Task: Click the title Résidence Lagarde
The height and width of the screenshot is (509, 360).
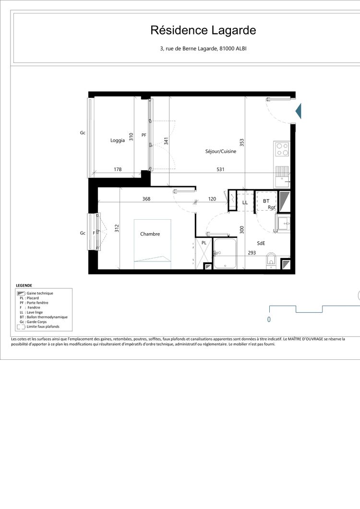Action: (203, 30)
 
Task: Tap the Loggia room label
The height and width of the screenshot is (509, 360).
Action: (117, 141)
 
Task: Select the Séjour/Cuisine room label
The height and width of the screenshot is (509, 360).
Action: (221, 151)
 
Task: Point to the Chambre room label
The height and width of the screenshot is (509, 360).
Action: (150, 234)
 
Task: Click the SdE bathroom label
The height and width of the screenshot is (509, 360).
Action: (261, 243)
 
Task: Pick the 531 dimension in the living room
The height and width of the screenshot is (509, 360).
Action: (220, 169)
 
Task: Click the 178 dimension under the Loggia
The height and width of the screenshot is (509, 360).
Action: (118, 169)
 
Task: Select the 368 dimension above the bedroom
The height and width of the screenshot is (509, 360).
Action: (146, 199)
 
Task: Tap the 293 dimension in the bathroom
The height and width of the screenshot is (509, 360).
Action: (252, 252)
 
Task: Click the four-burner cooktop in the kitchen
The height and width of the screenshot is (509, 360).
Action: (282, 150)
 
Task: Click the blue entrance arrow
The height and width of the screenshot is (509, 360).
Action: (298, 111)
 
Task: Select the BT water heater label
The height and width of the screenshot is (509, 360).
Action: (266, 201)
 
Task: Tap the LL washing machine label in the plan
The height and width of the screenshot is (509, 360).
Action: (245, 202)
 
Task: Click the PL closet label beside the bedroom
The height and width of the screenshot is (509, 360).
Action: (204, 243)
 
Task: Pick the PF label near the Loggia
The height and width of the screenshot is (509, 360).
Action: (144, 135)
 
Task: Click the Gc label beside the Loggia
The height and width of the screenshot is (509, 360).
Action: (83, 132)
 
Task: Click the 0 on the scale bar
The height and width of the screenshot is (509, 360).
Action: (269, 320)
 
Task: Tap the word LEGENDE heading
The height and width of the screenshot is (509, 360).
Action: (24, 285)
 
